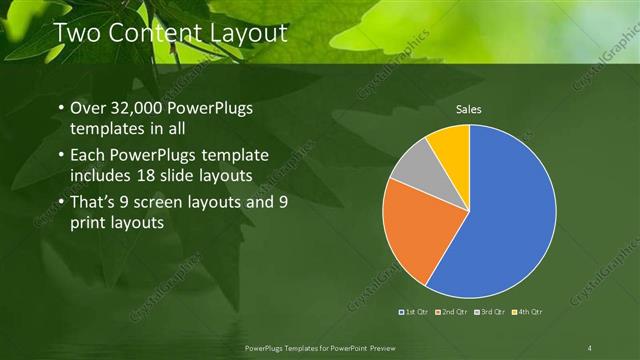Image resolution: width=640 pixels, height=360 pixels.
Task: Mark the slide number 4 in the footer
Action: (590, 347)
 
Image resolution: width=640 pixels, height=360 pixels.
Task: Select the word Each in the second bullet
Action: (89, 155)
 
